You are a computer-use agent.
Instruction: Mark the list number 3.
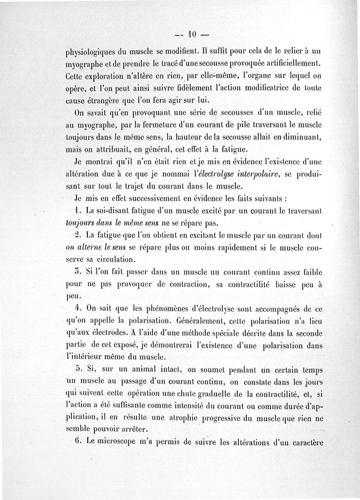coord(77,272)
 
